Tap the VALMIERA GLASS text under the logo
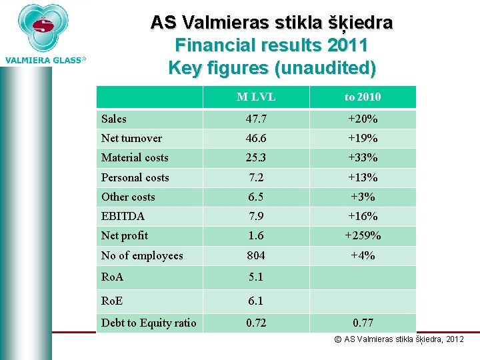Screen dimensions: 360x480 45,60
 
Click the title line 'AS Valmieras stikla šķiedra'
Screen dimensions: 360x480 271,23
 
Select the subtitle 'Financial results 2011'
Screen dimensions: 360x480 271,45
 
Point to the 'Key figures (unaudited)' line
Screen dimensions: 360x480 271,68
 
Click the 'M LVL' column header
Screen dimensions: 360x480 256,97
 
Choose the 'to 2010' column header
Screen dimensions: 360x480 363,97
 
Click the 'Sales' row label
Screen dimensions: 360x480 114,119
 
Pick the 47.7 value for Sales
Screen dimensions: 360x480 256,119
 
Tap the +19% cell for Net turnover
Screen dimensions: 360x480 363,138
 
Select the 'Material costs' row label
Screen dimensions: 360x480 135,157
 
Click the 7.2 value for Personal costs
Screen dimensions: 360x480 256,177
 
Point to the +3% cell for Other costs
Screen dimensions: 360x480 363,197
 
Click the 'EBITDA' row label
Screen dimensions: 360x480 123,216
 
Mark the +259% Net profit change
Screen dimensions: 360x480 363,235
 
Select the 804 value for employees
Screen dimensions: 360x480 256,255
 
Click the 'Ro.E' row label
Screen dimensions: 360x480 112,301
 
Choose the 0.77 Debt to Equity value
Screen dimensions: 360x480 363,323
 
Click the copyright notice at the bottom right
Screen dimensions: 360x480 399,339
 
